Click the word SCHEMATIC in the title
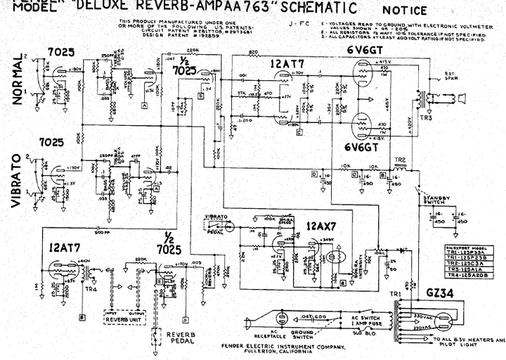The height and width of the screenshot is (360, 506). tap(318, 8)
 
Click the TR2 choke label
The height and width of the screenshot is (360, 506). tap(401, 160)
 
